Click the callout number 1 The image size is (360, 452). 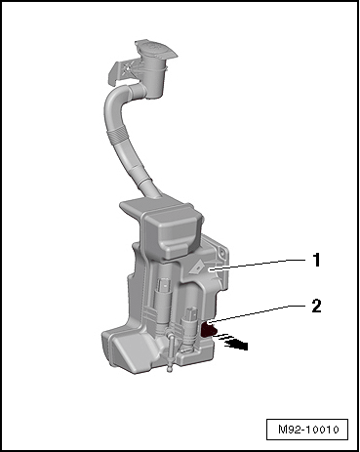[316, 261]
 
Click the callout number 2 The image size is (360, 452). [316, 306]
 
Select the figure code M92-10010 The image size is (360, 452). [308, 430]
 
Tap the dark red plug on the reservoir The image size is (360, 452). [208, 329]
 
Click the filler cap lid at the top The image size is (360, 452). [156, 51]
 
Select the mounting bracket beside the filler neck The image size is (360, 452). [125, 71]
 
